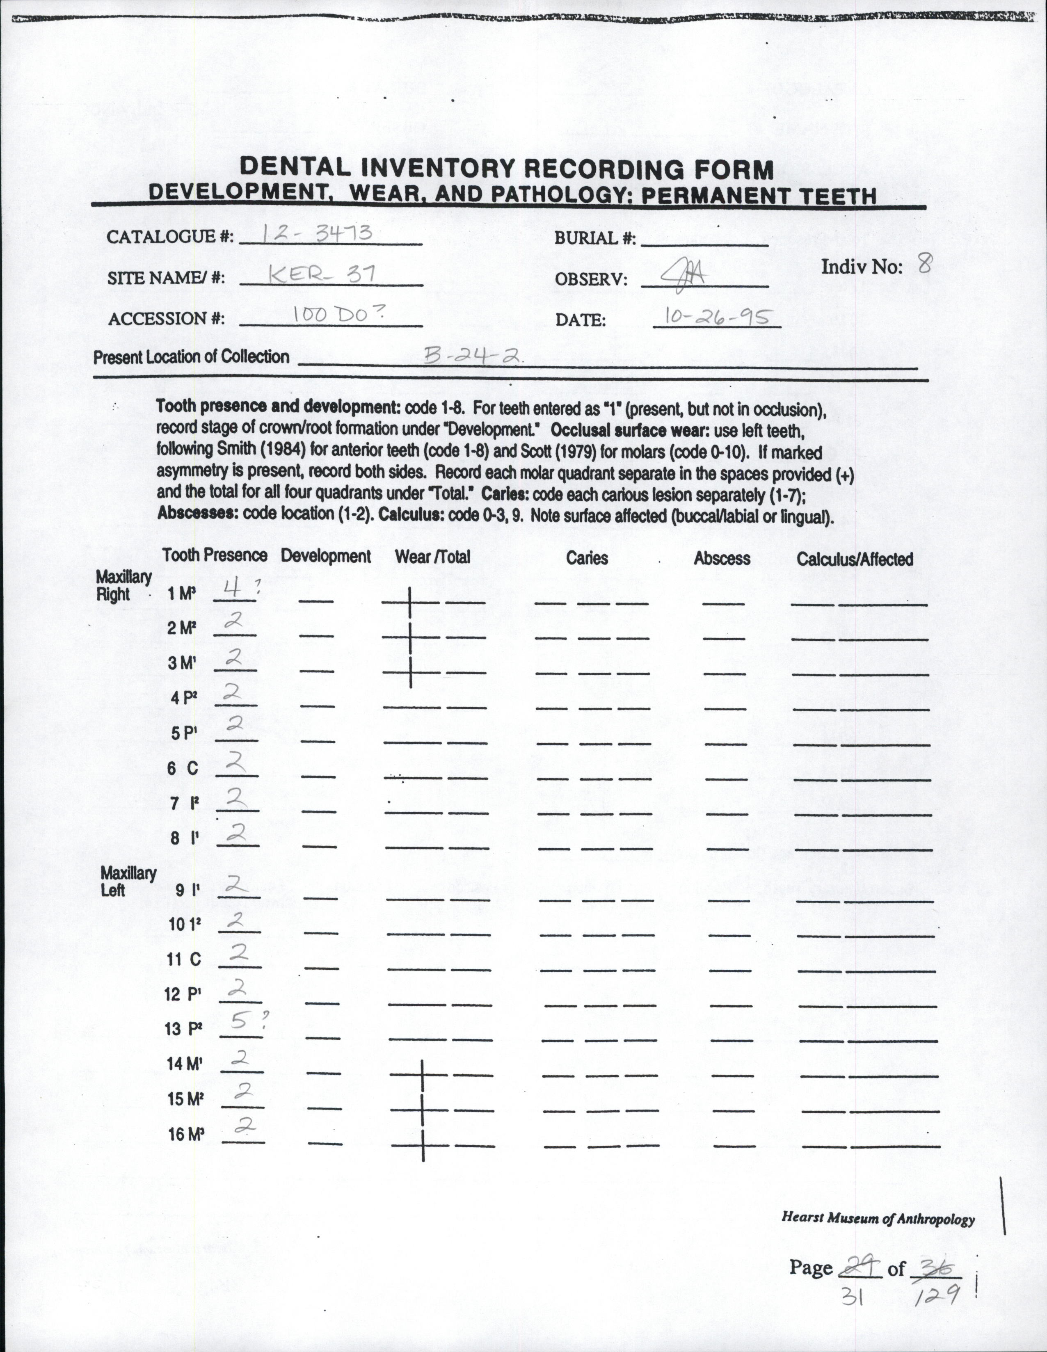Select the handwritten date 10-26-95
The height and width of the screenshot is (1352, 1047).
click(x=716, y=317)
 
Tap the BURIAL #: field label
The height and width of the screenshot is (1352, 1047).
click(x=594, y=238)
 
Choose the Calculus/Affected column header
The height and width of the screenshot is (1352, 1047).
click(x=855, y=559)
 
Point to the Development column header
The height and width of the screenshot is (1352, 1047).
click(x=326, y=556)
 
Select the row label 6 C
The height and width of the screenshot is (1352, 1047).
click(x=183, y=768)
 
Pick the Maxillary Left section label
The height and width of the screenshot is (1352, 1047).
click(x=128, y=882)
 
